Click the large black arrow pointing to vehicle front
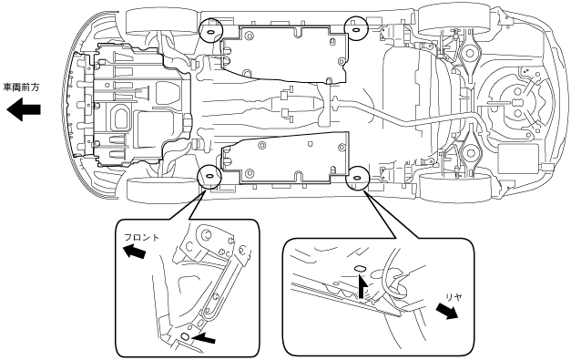click(x=24, y=109)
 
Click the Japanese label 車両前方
click(x=21, y=87)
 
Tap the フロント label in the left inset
click(x=142, y=238)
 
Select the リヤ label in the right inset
click(x=454, y=297)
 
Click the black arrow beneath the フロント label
click(x=134, y=251)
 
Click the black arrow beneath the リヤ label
click(x=447, y=312)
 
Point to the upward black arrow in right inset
click(x=361, y=286)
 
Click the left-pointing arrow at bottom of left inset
click(x=203, y=338)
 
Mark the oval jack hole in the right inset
click(x=360, y=269)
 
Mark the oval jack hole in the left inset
click(x=186, y=336)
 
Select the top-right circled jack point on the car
click(x=356, y=27)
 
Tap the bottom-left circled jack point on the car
click(x=209, y=177)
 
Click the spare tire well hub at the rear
click(x=516, y=103)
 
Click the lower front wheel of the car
click(x=162, y=190)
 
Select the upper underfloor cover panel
click(x=284, y=54)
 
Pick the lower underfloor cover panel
click(x=284, y=159)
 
